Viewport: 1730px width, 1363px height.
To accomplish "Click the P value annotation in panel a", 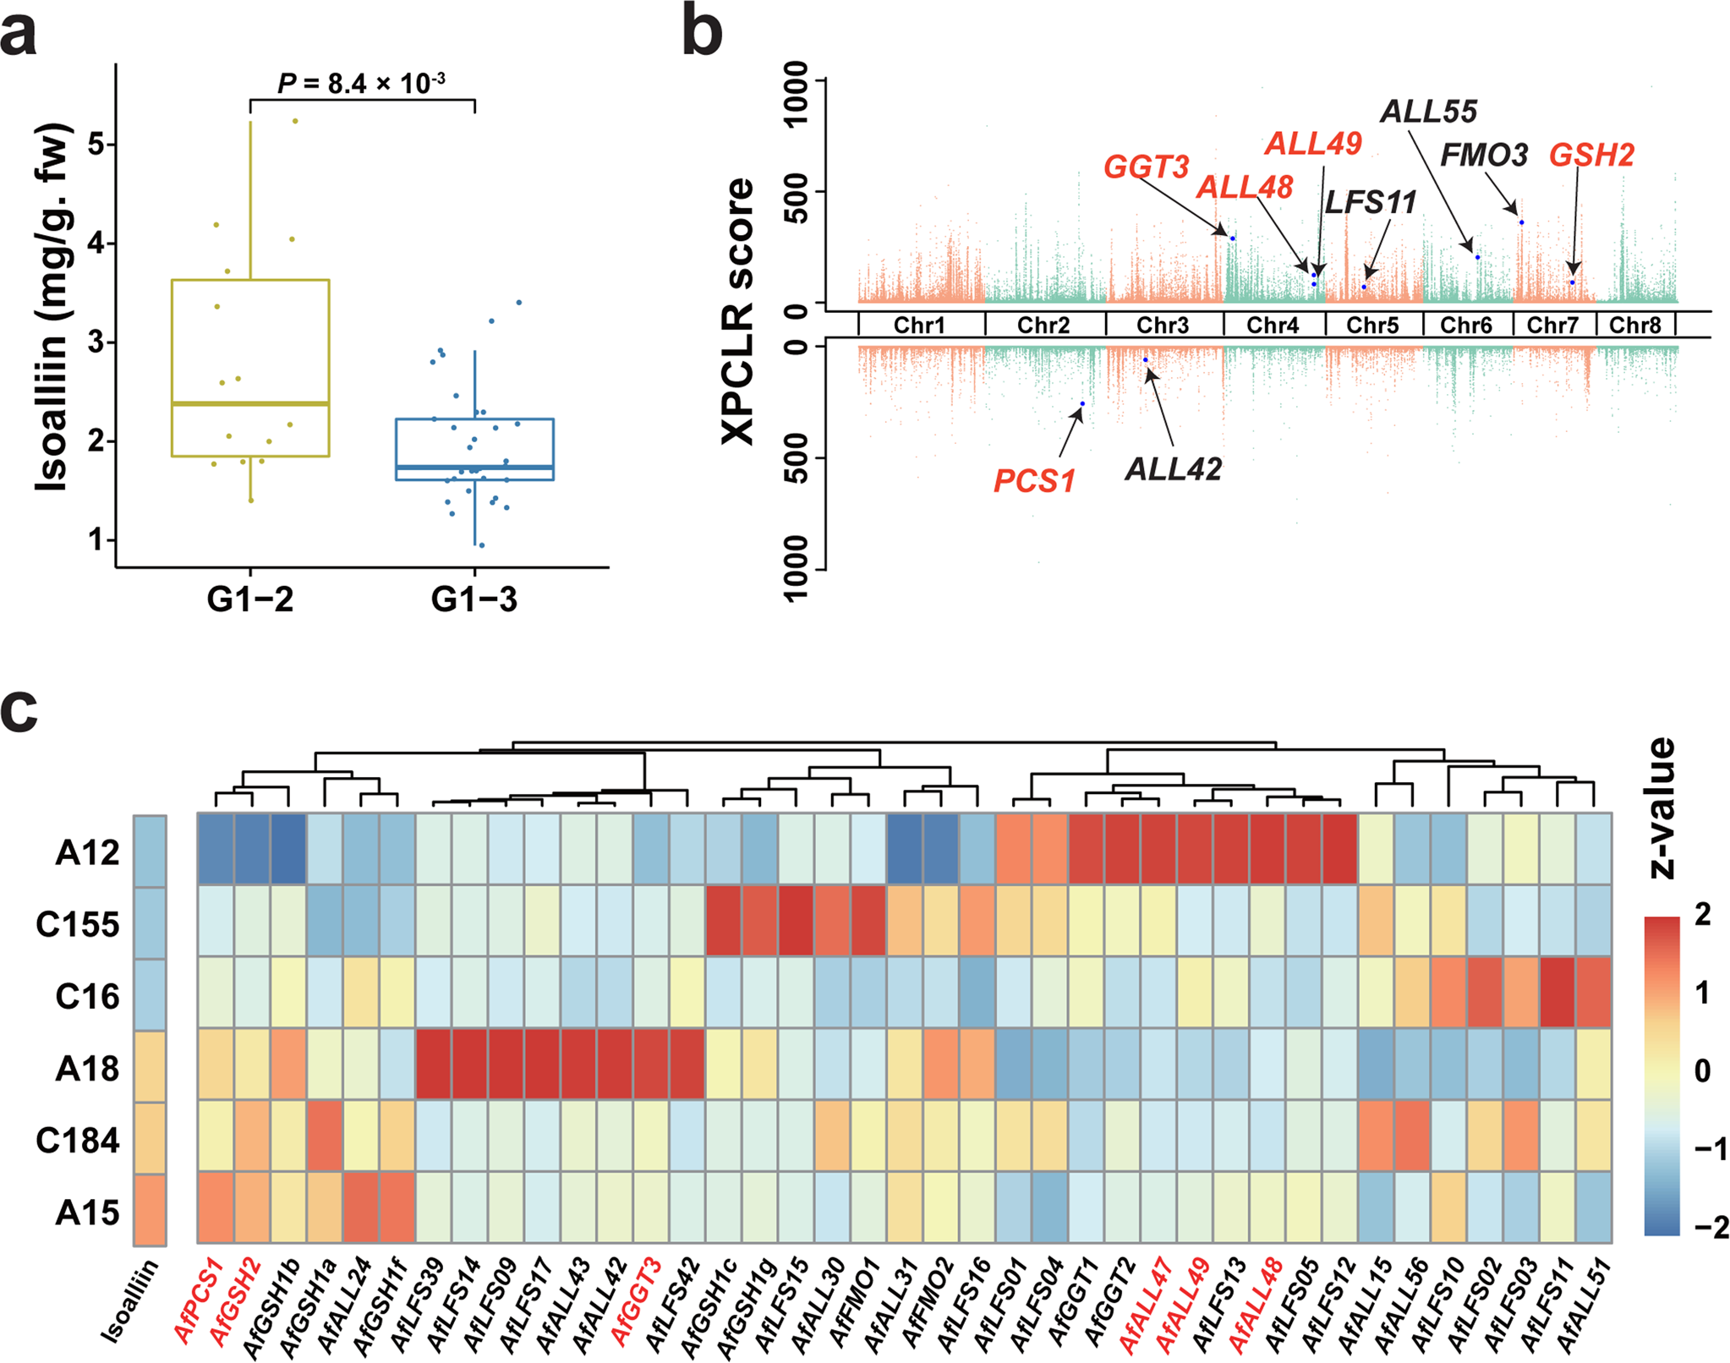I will point(361,84).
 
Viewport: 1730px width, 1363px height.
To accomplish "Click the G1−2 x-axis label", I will point(250,599).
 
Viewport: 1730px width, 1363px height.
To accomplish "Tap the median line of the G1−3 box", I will point(474,467).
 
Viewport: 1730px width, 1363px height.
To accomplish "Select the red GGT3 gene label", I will point(1146,167).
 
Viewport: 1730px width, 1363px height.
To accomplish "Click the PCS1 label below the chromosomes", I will point(1033,481).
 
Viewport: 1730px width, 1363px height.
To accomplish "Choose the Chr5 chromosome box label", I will point(1372,325).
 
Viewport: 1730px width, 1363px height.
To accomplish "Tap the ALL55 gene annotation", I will point(1428,112).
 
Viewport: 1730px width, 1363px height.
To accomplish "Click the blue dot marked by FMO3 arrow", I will point(1521,222).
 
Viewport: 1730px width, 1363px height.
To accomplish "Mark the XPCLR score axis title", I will point(737,310).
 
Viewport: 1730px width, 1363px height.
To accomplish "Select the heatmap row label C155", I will point(77,924).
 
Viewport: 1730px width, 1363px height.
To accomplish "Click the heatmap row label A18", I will point(87,1069).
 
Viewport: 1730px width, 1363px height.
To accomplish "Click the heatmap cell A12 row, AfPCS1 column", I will point(216,850).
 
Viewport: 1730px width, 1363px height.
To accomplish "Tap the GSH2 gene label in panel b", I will point(1591,155).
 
